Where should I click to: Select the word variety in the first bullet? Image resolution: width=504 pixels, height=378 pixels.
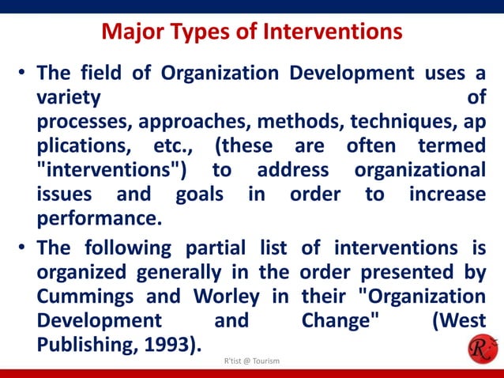pos(69,99)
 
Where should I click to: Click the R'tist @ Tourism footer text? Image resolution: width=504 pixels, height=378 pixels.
pos(252,361)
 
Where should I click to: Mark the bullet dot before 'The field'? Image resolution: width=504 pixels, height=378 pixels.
pos(24,75)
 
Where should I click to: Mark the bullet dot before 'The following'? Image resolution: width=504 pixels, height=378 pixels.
pos(24,248)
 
